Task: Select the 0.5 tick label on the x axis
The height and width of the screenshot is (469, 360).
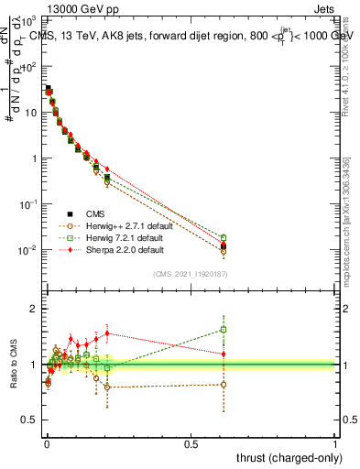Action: pos(191,442)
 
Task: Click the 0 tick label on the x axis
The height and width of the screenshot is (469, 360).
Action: pos(47,442)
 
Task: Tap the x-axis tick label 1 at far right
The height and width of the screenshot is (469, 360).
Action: pos(335,442)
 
